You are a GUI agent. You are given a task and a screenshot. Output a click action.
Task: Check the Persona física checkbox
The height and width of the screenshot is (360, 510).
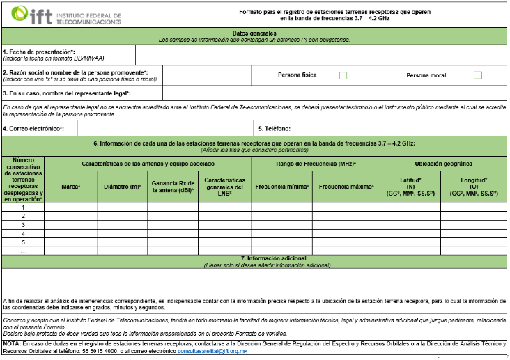(x=343, y=75)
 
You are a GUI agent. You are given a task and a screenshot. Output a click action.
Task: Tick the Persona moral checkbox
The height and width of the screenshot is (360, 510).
(x=478, y=75)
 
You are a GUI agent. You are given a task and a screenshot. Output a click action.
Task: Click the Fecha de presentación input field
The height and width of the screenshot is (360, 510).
(x=320, y=54)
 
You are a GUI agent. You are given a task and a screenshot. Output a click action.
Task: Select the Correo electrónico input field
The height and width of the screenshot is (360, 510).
(x=164, y=129)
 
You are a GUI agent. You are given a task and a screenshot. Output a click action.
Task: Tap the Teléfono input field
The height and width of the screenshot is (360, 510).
(x=410, y=129)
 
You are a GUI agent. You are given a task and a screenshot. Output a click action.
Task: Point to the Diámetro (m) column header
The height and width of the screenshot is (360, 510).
(x=123, y=187)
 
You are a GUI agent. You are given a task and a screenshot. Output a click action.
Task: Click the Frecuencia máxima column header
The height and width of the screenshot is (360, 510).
(x=347, y=187)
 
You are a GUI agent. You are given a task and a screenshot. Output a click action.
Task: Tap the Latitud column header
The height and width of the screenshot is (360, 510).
(x=410, y=187)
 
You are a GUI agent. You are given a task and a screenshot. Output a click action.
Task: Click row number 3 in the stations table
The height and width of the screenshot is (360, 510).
(x=23, y=224)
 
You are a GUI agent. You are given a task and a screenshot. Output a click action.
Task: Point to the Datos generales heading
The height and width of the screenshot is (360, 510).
(x=254, y=33)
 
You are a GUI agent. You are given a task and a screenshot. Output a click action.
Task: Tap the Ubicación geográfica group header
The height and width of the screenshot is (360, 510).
(x=444, y=164)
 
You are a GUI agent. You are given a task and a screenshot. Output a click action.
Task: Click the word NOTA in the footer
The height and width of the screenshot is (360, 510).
(x=12, y=344)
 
